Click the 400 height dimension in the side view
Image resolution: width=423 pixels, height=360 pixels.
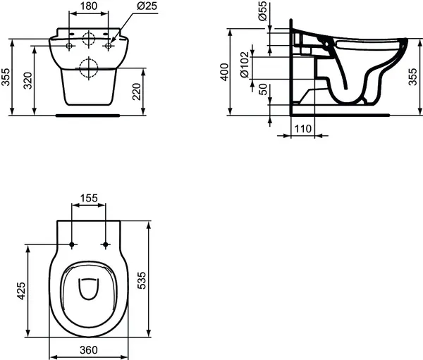click(x=225, y=71)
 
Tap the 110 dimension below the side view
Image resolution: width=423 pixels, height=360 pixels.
click(x=302, y=128)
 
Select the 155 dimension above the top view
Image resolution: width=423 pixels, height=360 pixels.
click(x=89, y=199)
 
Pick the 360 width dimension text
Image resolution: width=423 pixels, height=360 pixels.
click(x=88, y=350)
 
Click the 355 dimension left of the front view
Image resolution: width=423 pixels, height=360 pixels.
click(x=6, y=77)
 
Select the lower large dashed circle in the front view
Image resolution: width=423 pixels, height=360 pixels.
click(x=89, y=68)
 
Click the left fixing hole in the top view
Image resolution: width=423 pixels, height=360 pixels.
click(x=73, y=245)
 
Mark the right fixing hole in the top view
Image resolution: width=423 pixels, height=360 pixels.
click(x=106, y=245)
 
